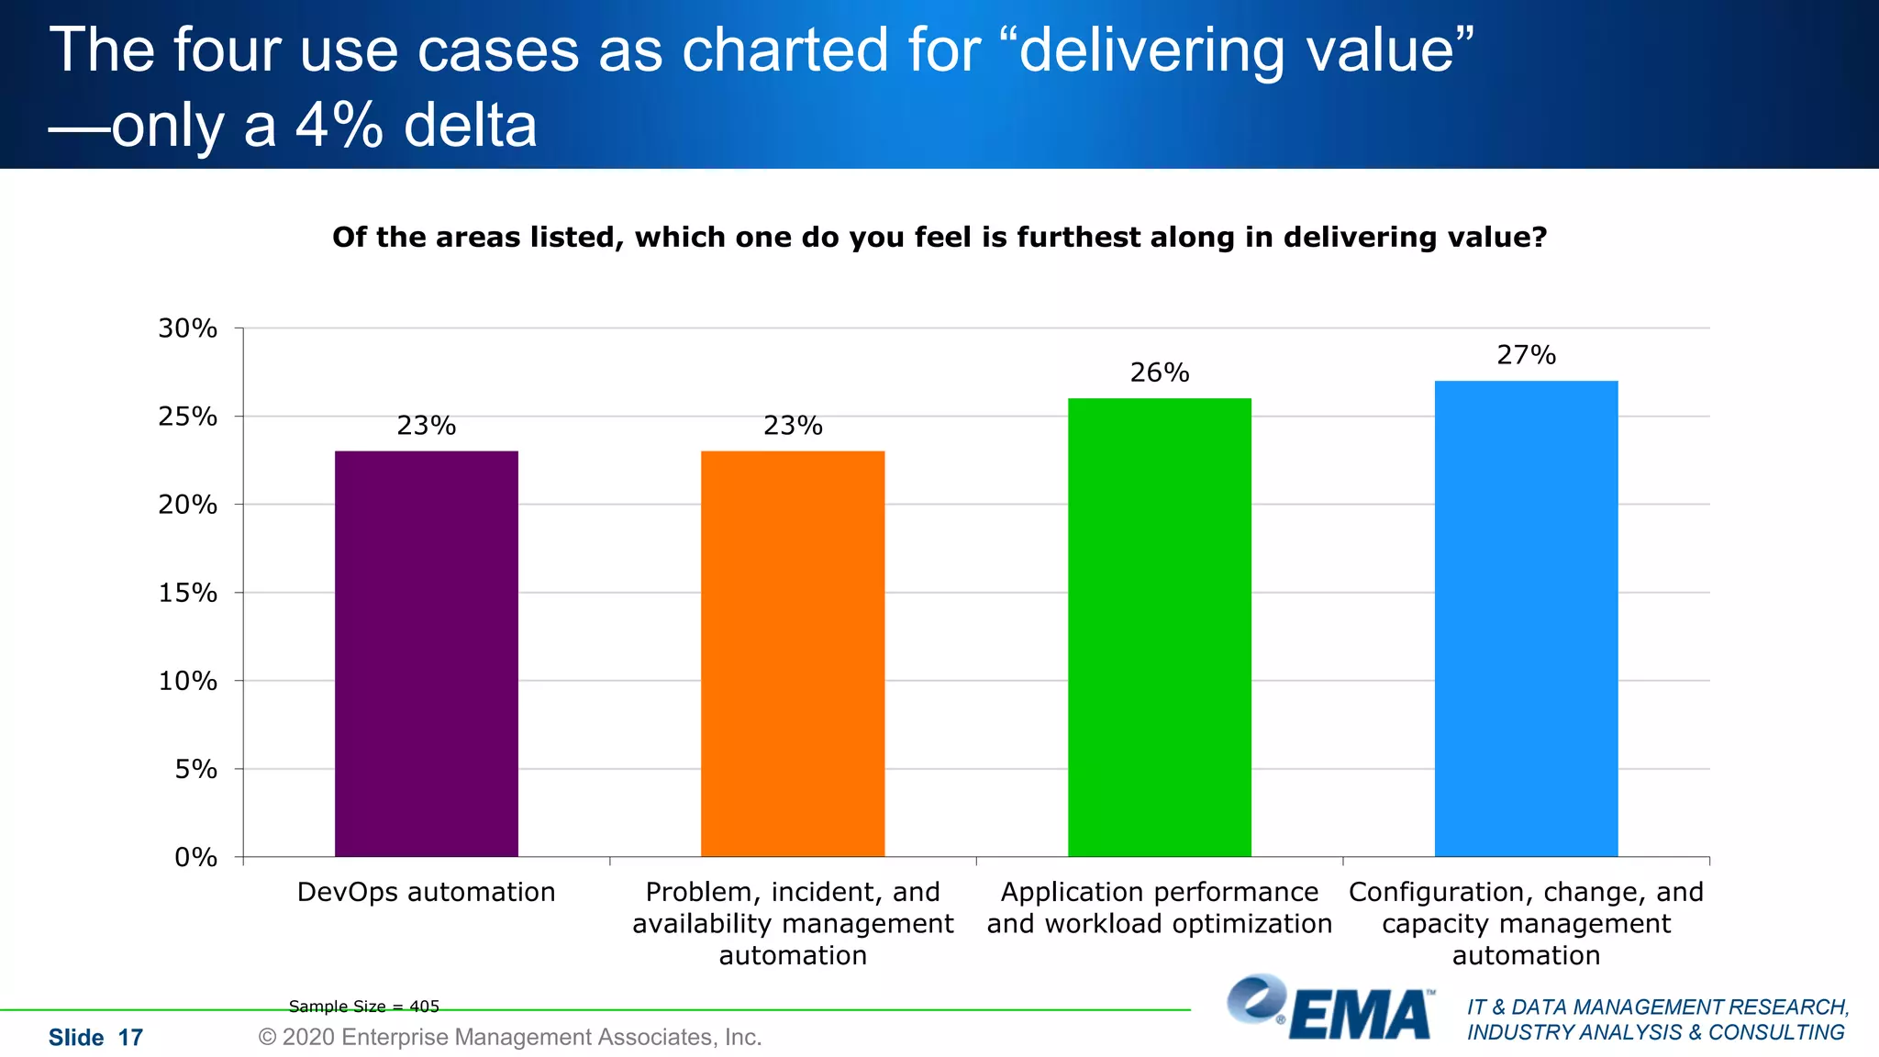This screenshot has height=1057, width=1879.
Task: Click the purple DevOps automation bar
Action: [x=426, y=653]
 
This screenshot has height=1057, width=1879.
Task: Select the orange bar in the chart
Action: [x=793, y=653]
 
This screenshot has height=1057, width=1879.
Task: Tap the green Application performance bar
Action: [x=1159, y=628]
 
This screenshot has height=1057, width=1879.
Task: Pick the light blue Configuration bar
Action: [x=1526, y=618]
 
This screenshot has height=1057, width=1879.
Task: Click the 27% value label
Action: [x=1526, y=355]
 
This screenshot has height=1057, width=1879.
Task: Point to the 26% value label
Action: [x=1159, y=373]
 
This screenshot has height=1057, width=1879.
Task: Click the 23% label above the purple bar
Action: [x=426, y=426]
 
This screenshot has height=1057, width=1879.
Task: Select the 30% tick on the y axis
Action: [x=188, y=328]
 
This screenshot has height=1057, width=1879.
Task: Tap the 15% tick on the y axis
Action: [x=188, y=593]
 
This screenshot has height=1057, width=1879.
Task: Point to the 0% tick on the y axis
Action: [x=195, y=857]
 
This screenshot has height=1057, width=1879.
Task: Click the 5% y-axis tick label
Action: [x=195, y=769]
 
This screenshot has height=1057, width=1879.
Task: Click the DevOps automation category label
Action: [x=426, y=892]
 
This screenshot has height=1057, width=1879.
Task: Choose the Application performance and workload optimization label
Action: [x=1159, y=907]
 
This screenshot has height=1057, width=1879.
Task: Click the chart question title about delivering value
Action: [x=939, y=238]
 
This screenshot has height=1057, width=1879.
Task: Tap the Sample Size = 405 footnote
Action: [x=363, y=1007]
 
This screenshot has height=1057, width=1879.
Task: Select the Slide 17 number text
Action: [x=95, y=1038]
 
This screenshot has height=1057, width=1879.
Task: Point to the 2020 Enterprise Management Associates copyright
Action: [x=510, y=1037]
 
